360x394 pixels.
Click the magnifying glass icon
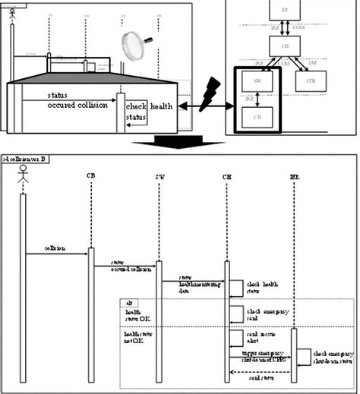coord(133,44)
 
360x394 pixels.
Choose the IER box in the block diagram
coord(311,84)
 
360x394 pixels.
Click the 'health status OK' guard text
coord(137,314)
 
